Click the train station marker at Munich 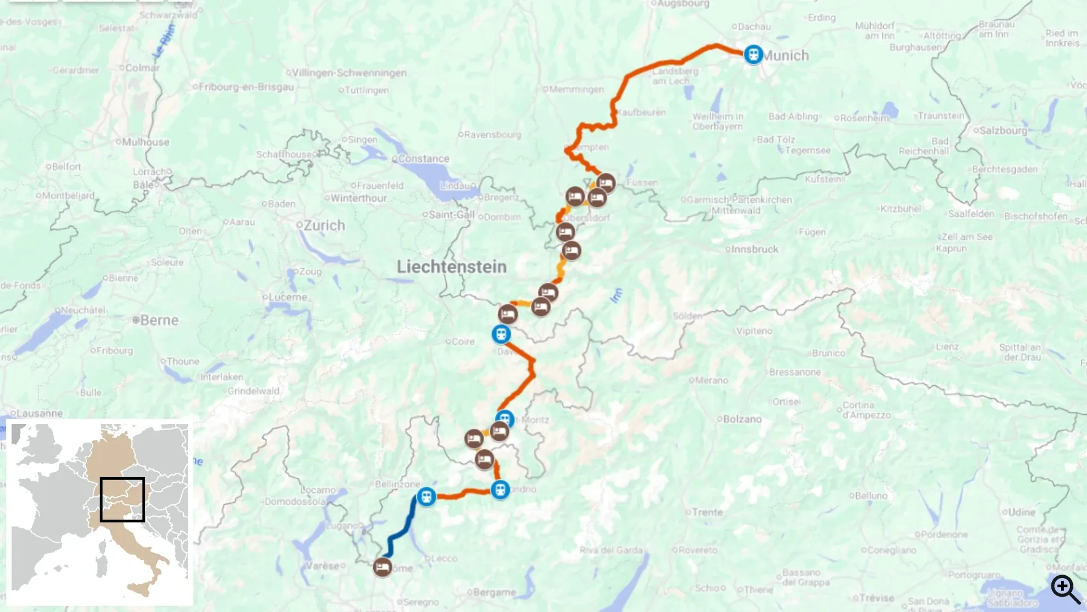(x=753, y=55)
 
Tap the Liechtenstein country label (x=451, y=267)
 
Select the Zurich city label (x=324, y=226)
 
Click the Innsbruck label (x=754, y=249)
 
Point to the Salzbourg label (x=1003, y=130)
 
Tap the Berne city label (x=159, y=320)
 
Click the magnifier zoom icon (x=1065, y=589)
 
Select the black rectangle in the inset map (x=122, y=499)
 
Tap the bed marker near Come (x=383, y=567)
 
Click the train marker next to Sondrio (x=500, y=489)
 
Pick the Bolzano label (x=742, y=419)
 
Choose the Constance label (x=423, y=159)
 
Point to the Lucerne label (x=288, y=297)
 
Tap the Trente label (x=707, y=512)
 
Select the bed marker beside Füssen (x=606, y=183)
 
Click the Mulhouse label (x=145, y=142)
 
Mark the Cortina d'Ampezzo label (x=866, y=410)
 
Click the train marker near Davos (x=501, y=334)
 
